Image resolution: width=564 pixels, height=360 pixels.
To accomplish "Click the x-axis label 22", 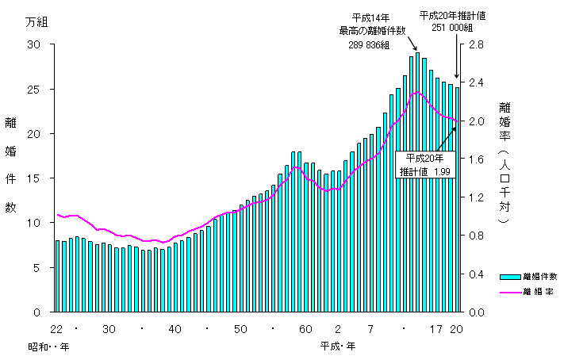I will pos(56,329).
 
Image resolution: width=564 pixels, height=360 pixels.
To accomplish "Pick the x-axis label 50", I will pos(240,329).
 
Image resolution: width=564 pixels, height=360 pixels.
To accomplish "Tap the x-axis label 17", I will pos(436,329).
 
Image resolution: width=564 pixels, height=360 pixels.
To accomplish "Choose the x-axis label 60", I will pos(305,329).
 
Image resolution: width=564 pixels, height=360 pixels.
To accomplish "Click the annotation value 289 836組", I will pos(367,45).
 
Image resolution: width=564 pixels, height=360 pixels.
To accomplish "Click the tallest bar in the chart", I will pos(418,182).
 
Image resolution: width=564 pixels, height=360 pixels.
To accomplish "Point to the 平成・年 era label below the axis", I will pos(338,347).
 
